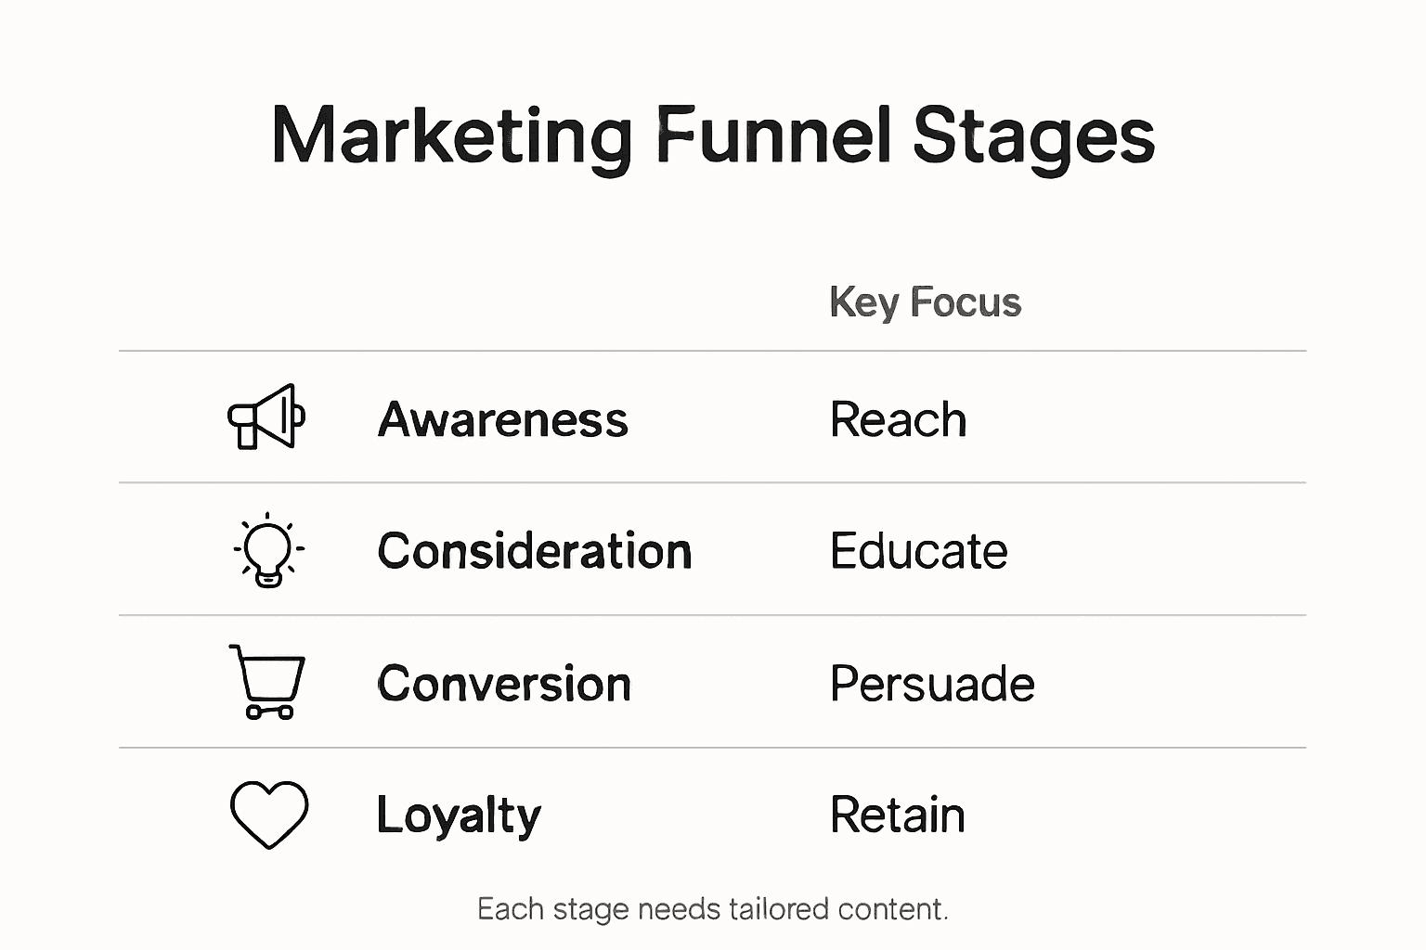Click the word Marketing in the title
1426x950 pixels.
point(451,135)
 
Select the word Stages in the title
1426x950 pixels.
point(1033,135)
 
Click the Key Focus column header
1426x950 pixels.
point(925,302)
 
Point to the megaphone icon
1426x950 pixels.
point(266,417)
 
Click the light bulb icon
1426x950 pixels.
point(268,550)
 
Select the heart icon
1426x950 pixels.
point(268,815)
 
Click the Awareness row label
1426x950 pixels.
point(502,419)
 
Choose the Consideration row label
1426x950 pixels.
point(535,551)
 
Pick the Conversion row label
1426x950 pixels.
point(504,684)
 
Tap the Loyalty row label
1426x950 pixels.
point(459,815)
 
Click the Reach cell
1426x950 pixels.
point(898,419)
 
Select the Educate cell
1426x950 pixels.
point(918,551)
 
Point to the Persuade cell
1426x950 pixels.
point(932,684)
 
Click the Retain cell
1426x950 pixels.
point(897,815)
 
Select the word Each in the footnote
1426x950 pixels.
point(511,909)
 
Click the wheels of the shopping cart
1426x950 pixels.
point(269,712)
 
